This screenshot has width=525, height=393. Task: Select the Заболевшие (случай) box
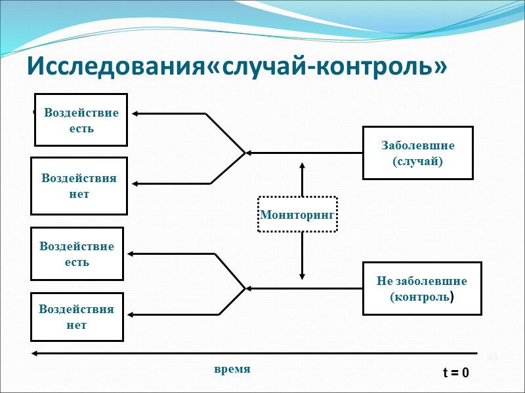pos(417,153)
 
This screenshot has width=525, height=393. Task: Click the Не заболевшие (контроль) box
pos(422,288)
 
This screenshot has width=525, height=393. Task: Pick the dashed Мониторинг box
pos(297,214)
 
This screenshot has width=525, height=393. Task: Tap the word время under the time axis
pos(232,369)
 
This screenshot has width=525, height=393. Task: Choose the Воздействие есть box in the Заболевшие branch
pos(81,120)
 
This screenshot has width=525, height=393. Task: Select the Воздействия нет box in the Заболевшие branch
pos(79,186)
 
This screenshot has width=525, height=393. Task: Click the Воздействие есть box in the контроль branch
pos(77,254)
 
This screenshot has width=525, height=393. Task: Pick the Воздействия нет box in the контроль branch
pos(77,316)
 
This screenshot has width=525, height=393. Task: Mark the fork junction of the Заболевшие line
pos(244,153)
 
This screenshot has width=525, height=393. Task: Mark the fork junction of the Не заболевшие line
pos(244,288)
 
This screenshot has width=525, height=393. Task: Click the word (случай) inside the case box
pos(417,161)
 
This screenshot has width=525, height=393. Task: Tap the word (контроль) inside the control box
pos(422,297)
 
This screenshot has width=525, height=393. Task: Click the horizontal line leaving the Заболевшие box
pos(305,153)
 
